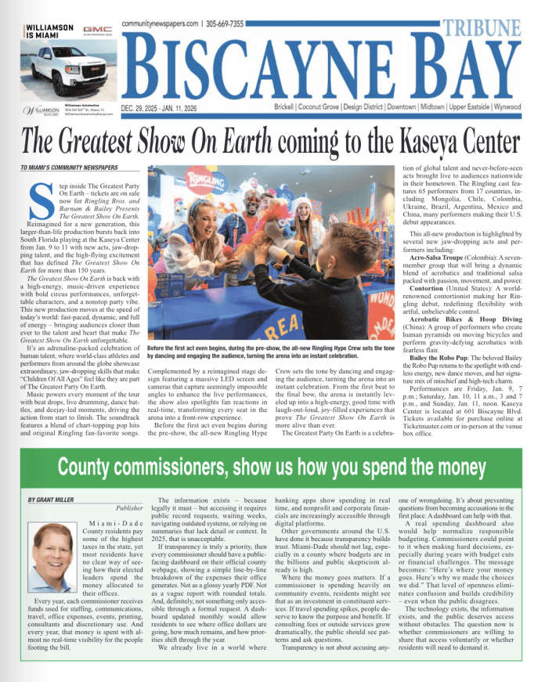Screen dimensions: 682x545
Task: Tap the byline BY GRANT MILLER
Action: point(51,499)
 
